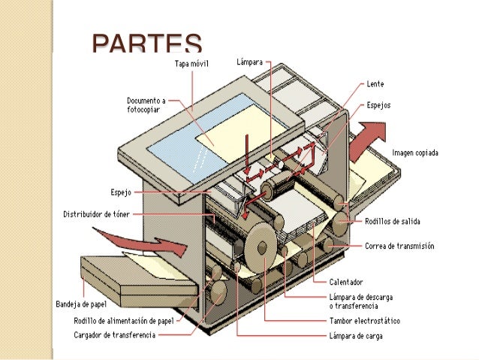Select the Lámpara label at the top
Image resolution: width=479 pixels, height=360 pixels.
pos(249,63)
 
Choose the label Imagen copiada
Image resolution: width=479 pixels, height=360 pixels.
pos(415,153)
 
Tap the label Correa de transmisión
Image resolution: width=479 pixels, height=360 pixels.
pos(399,246)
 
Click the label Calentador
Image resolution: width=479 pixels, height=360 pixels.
pos(346,282)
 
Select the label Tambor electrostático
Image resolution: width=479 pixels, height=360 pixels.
pos(364,321)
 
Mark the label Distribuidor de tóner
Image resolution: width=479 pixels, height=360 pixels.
pos(95,214)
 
